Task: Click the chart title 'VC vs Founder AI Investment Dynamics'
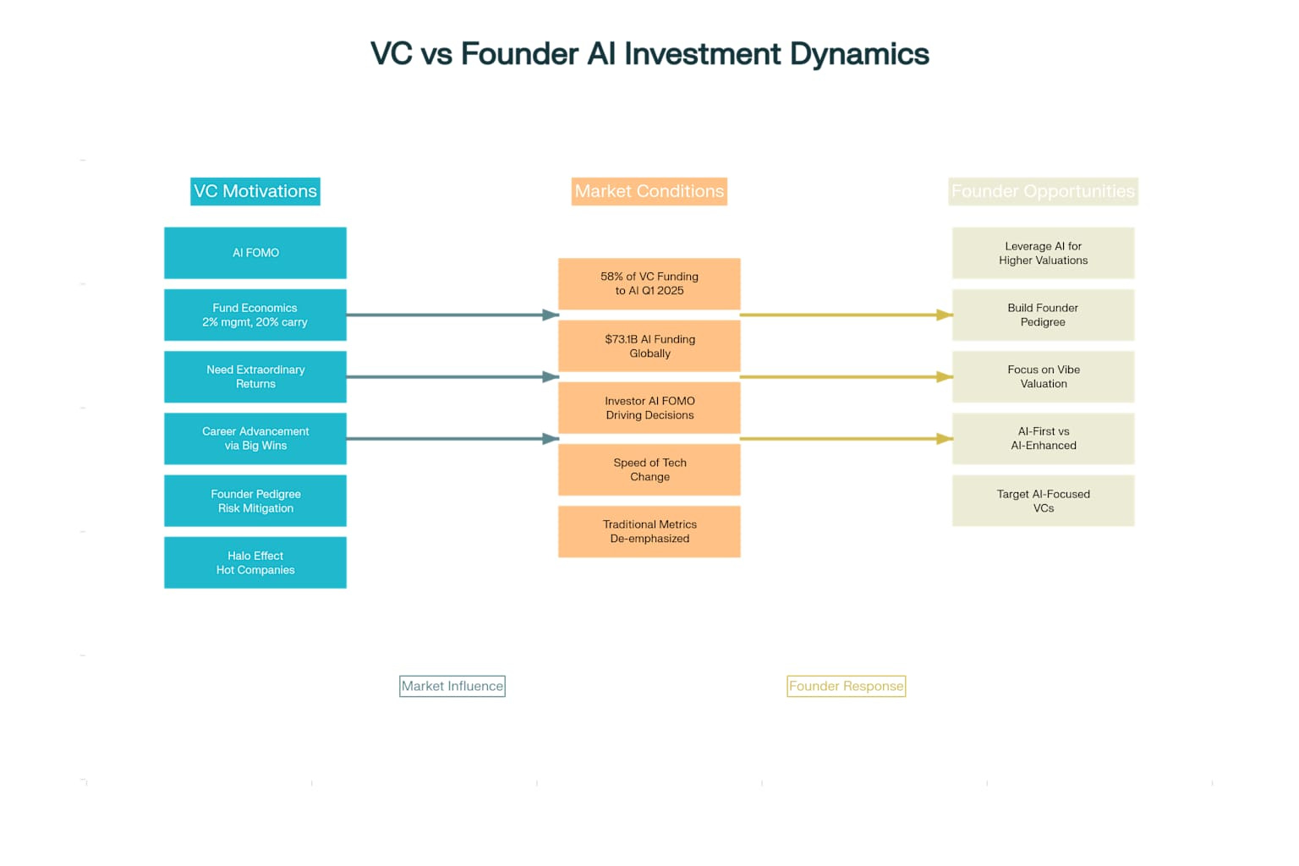649,54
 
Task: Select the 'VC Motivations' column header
255,191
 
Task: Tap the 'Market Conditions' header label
649,191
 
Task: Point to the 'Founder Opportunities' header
1043,191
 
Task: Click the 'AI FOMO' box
255,253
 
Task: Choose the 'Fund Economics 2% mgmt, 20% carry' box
255,315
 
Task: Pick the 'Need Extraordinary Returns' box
255,376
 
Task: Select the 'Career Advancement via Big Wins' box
255,438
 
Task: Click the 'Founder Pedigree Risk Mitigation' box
255,501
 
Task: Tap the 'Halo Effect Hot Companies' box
255,562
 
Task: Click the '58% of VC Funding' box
649,283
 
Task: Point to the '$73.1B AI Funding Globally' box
649,346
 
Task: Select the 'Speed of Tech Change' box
649,469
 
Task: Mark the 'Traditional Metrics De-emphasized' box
649,531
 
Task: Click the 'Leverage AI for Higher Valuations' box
1043,253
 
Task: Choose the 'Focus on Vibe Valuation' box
1043,376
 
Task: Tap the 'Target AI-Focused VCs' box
1043,501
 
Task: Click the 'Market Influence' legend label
452,686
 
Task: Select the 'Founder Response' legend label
846,686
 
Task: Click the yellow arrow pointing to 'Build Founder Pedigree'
846,315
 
